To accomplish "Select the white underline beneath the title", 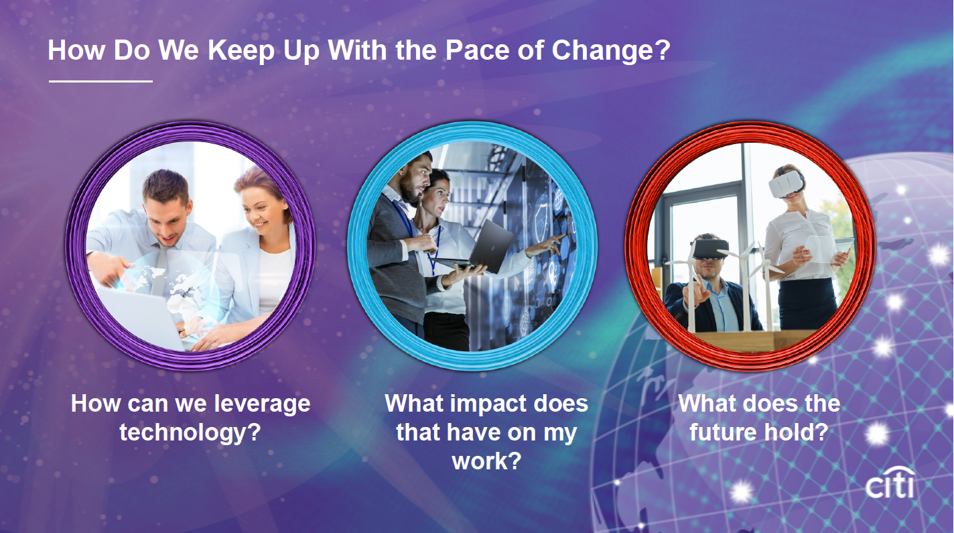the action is (x=100, y=81).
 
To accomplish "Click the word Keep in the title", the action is (x=241, y=51).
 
